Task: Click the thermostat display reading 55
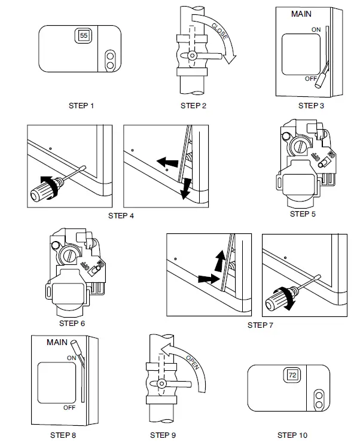[83, 36]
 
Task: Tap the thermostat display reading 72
[292, 376]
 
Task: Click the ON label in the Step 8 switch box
[71, 358]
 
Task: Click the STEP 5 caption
[303, 214]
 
